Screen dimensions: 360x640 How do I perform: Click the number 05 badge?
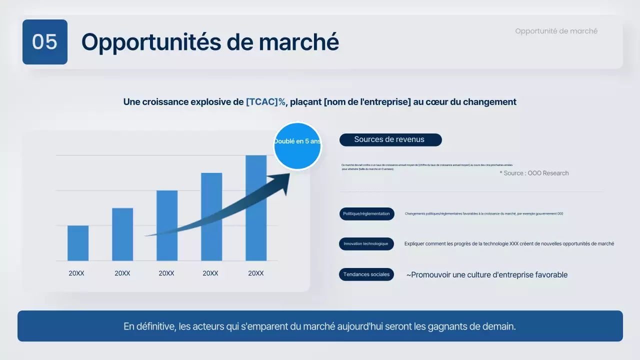click(x=45, y=42)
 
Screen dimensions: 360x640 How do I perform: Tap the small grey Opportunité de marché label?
click(x=556, y=31)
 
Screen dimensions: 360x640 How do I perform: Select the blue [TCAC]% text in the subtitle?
click(x=265, y=102)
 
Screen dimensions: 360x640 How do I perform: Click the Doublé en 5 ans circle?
click(x=297, y=146)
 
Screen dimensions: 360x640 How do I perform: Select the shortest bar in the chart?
click(x=78, y=243)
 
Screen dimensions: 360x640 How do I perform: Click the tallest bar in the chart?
click(x=256, y=208)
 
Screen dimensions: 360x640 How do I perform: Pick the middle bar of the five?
click(x=167, y=225)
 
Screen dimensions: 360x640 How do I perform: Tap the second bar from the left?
click(x=122, y=234)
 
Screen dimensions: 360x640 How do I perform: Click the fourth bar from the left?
click(x=211, y=216)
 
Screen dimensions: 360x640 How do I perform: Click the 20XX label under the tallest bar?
click(x=256, y=273)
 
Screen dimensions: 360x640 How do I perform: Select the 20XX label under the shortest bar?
click(x=76, y=273)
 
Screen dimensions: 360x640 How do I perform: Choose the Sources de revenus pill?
click(x=390, y=140)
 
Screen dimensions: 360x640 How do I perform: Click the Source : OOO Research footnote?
click(x=534, y=173)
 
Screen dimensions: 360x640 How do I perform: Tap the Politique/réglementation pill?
click(x=366, y=214)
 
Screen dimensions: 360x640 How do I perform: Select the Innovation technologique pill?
click(x=366, y=244)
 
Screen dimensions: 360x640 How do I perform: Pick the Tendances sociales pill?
click(x=366, y=274)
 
